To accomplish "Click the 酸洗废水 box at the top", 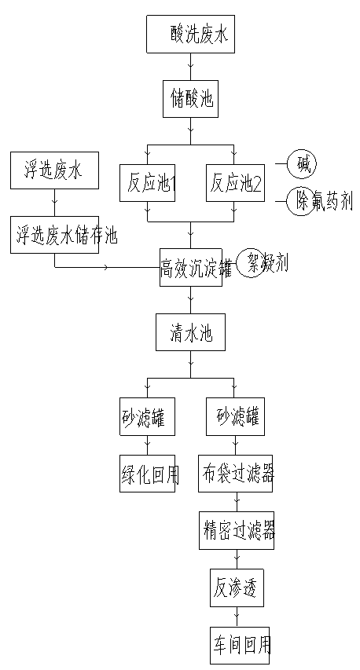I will point(190,35).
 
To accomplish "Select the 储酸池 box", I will point(190,98).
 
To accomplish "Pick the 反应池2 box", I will point(233,183).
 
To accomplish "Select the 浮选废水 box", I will point(54,170).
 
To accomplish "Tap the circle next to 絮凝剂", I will point(252,262).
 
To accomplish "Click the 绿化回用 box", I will point(148,474).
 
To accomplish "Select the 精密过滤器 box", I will point(235,531).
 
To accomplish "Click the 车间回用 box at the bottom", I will point(239,646).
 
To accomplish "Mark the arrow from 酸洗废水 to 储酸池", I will point(190,67).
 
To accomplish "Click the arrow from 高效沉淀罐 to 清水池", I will point(190,299).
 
